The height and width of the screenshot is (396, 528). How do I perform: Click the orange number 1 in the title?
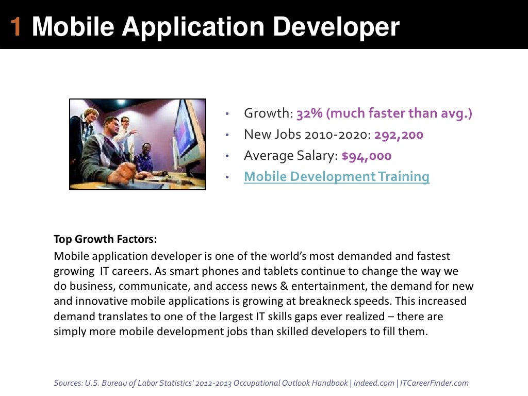click(16, 27)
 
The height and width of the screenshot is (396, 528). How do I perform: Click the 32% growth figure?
click(308, 113)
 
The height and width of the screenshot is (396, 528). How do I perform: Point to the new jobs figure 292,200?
click(399, 135)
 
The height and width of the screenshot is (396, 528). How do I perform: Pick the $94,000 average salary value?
click(367, 156)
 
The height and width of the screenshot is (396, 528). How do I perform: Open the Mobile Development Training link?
click(336, 177)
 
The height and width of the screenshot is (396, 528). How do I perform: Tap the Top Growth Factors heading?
click(105, 239)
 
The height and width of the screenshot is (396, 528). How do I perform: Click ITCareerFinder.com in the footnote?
click(434, 383)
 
